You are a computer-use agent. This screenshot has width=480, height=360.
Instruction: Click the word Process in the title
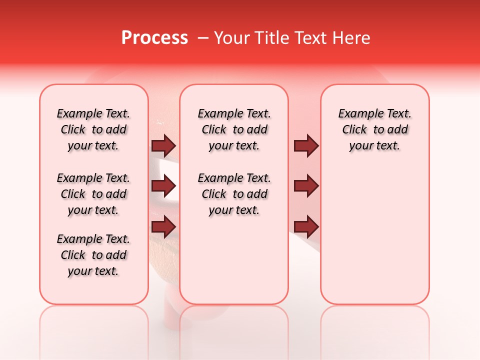pos(154,38)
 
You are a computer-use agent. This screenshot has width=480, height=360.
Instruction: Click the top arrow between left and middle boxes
pos(163,145)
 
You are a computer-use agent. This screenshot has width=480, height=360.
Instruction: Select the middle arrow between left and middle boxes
pos(163,186)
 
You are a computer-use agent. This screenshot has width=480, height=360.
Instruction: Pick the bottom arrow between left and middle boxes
pos(163,226)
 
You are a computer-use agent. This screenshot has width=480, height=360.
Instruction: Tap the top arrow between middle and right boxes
pos(306,145)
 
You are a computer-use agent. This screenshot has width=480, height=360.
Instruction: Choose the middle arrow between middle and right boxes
pos(306,186)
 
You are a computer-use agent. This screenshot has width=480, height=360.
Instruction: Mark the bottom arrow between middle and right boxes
pos(306,226)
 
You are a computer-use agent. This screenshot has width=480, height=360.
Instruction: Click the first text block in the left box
pos(93,129)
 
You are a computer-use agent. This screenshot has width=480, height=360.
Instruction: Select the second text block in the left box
pos(93,194)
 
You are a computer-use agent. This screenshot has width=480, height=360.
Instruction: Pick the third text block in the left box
pos(93,255)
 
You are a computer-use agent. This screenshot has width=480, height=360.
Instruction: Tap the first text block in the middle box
pos(234,129)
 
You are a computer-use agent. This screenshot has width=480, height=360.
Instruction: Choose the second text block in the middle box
pos(234,194)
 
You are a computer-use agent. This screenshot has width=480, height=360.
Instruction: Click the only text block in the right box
pos(375,129)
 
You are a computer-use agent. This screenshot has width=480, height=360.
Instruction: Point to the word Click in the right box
pos(354,129)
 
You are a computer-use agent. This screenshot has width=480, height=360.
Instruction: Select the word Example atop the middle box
pos(217,113)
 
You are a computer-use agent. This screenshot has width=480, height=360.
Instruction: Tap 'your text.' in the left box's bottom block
pos(93,271)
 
